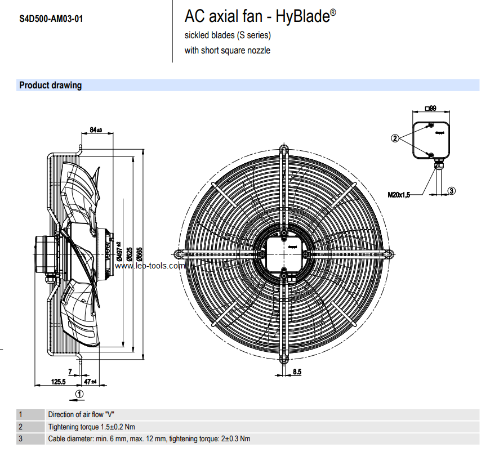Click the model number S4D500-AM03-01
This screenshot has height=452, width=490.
pos(51,19)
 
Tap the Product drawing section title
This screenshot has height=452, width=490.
pos(50,86)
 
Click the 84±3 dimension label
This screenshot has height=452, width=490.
pos(95,131)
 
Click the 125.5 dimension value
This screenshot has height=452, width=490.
pos(59,382)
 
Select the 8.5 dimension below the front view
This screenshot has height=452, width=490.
pos(297,372)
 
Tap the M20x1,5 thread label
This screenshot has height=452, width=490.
pos(399,194)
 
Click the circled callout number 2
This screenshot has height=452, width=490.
pos(395,137)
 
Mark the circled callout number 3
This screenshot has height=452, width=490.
pos(452,191)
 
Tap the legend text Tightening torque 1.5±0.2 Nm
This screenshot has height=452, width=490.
pos(91,427)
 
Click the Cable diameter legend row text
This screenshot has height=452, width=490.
pos(149,438)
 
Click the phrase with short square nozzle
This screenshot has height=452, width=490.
pos(228,50)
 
